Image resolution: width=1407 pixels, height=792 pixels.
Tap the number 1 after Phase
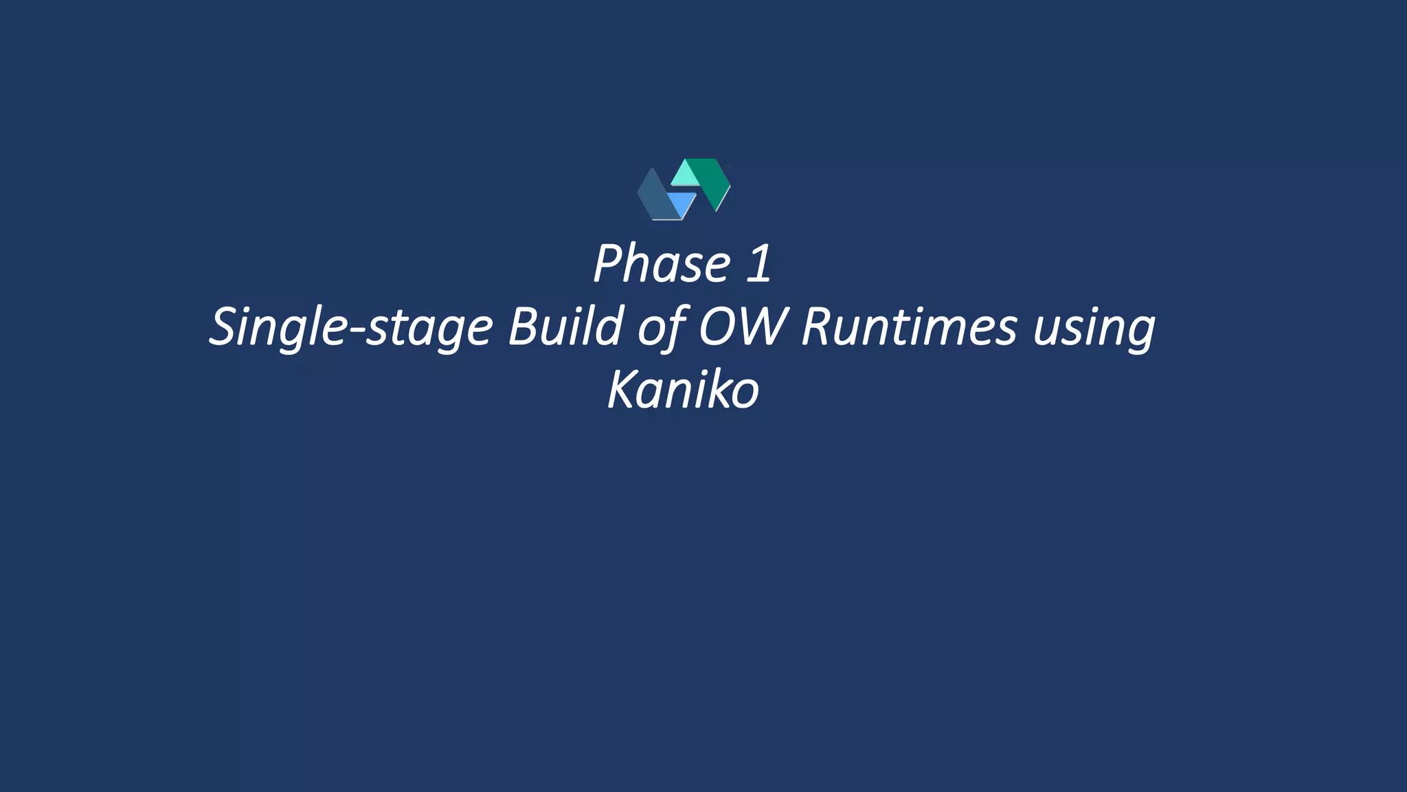pos(757,263)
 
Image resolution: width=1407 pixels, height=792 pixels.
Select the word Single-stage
pos(351,327)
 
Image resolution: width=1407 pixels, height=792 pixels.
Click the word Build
pos(565,327)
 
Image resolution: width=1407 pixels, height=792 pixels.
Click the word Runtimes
pos(908,327)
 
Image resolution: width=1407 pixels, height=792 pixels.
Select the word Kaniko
pos(683,390)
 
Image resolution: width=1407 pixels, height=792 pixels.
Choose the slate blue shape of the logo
pos(653,196)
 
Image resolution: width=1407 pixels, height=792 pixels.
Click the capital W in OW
pos(761,327)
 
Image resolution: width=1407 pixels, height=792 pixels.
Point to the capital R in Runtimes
pos(817,327)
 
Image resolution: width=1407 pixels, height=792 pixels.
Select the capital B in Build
pos(523,327)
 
